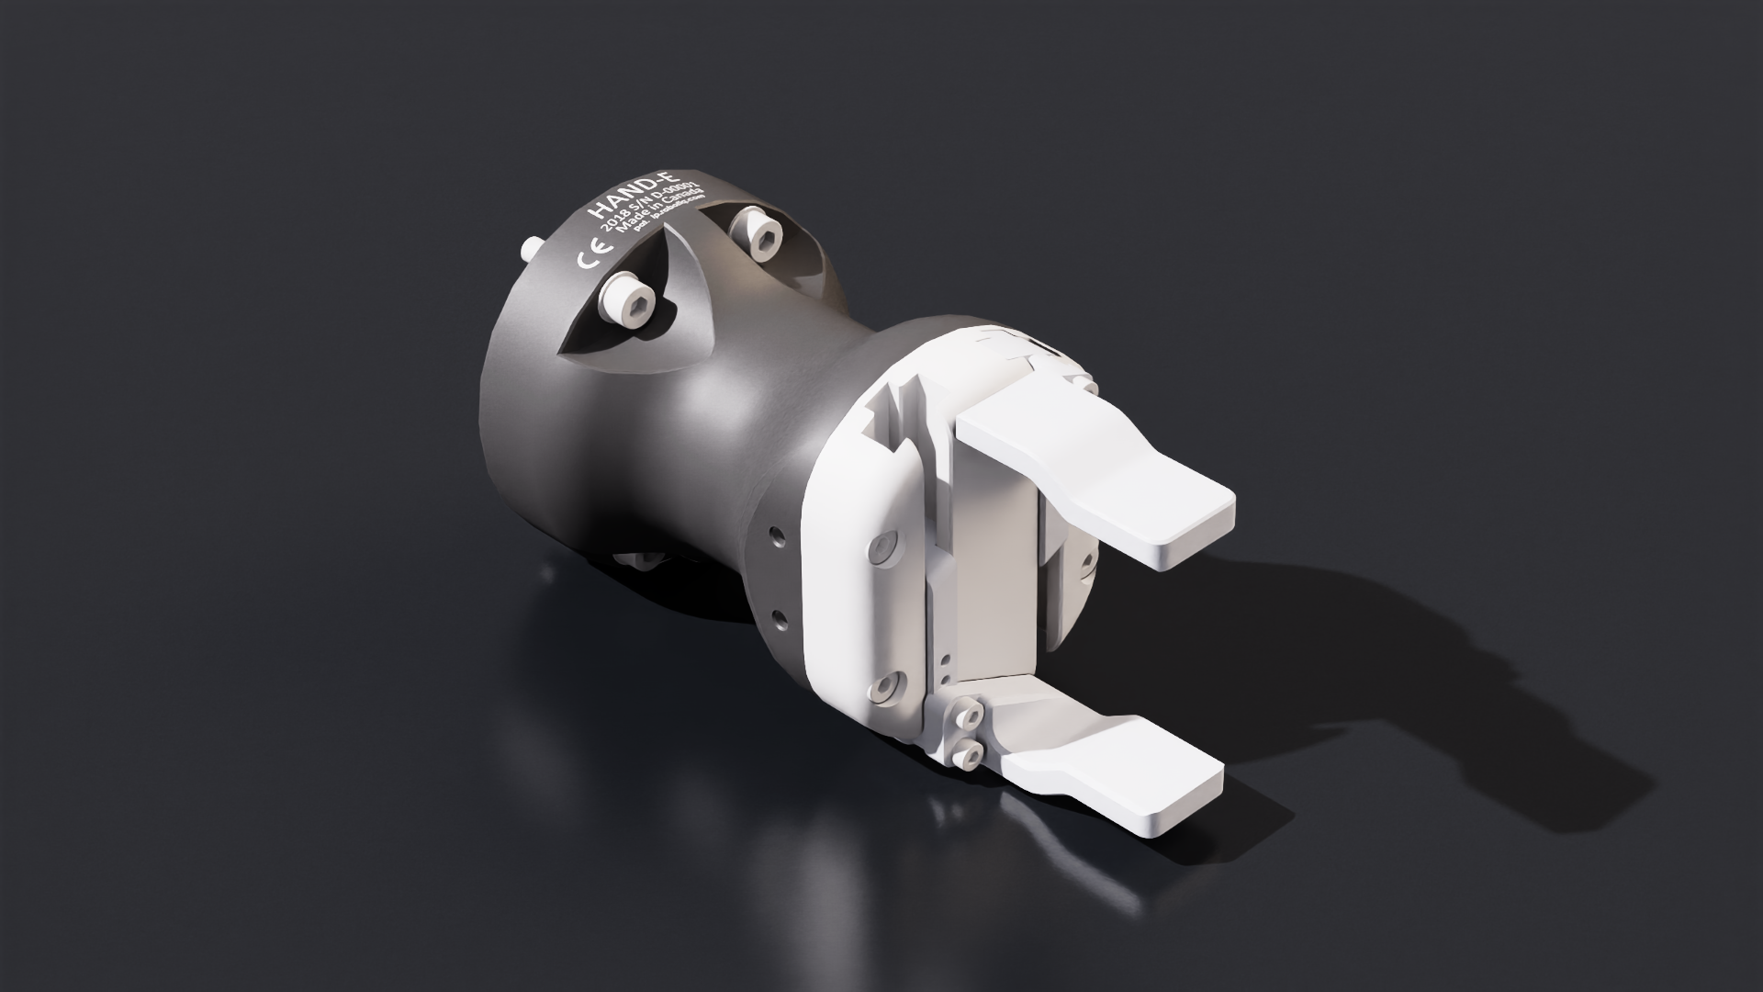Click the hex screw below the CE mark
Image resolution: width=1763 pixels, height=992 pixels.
(x=629, y=300)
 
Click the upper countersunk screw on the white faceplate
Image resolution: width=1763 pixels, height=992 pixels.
(x=882, y=548)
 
